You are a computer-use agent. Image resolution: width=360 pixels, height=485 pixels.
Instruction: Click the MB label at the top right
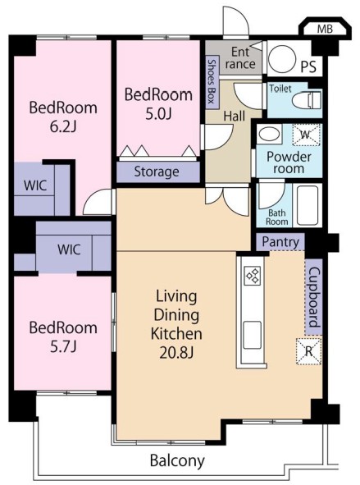[x=325, y=29]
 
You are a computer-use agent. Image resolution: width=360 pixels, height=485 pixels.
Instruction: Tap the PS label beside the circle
[x=308, y=66]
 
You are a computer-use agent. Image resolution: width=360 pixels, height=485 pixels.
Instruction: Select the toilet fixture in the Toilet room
[x=307, y=99]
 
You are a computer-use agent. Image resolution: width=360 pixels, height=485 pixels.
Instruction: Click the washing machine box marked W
[x=307, y=135]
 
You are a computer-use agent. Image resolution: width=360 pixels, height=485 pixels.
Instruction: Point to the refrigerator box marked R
[x=308, y=352]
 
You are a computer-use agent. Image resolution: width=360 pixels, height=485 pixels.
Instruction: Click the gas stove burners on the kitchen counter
[x=253, y=276]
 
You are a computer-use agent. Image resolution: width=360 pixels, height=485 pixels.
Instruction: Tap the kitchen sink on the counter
[x=252, y=335]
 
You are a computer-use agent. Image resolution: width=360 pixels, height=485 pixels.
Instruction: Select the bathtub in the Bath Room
[x=308, y=205]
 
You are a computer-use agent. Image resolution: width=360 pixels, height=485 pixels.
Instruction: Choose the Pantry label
[x=280, y=242]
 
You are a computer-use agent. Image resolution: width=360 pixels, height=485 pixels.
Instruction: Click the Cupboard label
[x=314, y=297]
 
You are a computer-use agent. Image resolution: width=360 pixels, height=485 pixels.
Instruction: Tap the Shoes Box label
[x=212, y=81]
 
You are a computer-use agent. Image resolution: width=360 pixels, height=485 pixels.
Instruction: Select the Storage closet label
[x=157, y=172]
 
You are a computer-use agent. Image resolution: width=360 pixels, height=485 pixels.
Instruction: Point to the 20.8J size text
[x=176, y=353]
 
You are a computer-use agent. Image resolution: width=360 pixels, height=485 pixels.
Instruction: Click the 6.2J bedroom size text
[x=63, y=127]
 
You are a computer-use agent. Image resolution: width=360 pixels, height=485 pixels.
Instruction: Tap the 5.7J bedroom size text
[x=63, y=347]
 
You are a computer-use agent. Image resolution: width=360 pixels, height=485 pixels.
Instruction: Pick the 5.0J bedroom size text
[x=158, y=114]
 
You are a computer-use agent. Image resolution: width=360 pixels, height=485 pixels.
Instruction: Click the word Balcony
[x=177, y=461]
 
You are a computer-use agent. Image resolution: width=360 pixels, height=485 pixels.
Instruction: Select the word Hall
[x=235, y=117]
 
